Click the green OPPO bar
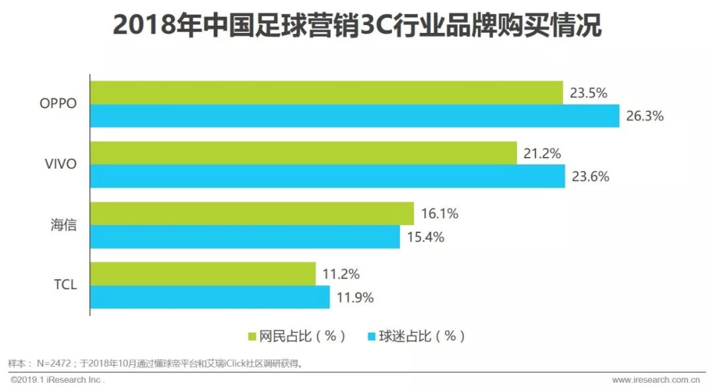(x=326, y=92)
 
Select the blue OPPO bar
(x=355, y=116)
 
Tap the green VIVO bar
(x=303, y=153)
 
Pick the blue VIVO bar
(x=327, y=176)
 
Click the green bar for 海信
(x=252, y=214)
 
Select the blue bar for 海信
(x=245, y=237)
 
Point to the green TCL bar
(x=203, y=274)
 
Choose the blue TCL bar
(x=210, y=297)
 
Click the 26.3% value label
(x=644, y=117)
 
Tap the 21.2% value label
(x=542, y=154)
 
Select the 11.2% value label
(x=341, y=275)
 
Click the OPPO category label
(x=58, y=104)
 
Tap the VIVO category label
(x=61, y=165)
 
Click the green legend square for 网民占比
(x=252, y=337)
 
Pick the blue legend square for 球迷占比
(x=372, y=337)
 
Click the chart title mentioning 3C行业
(x=356, y=26)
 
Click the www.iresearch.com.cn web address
(x=655, y=380)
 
